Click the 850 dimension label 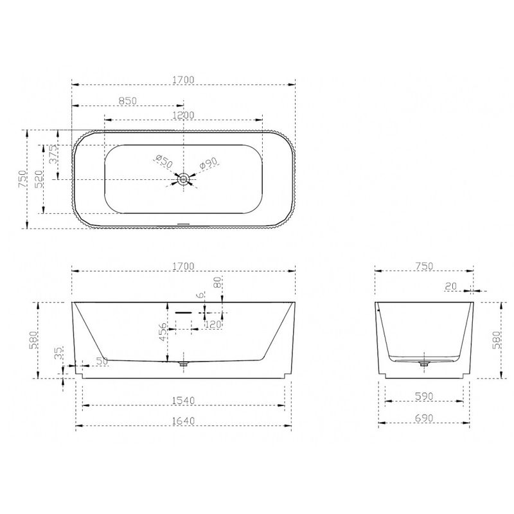[x=127, y=101]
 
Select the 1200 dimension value [x=184, y=116]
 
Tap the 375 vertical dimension [x=53, y=154]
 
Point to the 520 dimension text [x=39, y=179]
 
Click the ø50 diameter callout [x=164, y=161]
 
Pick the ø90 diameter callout [x=208, y=163]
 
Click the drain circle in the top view [x=183, y=179]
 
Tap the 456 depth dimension [x=163, y=332]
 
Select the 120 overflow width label [x=213, y=324]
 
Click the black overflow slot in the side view [x=183, y=312]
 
